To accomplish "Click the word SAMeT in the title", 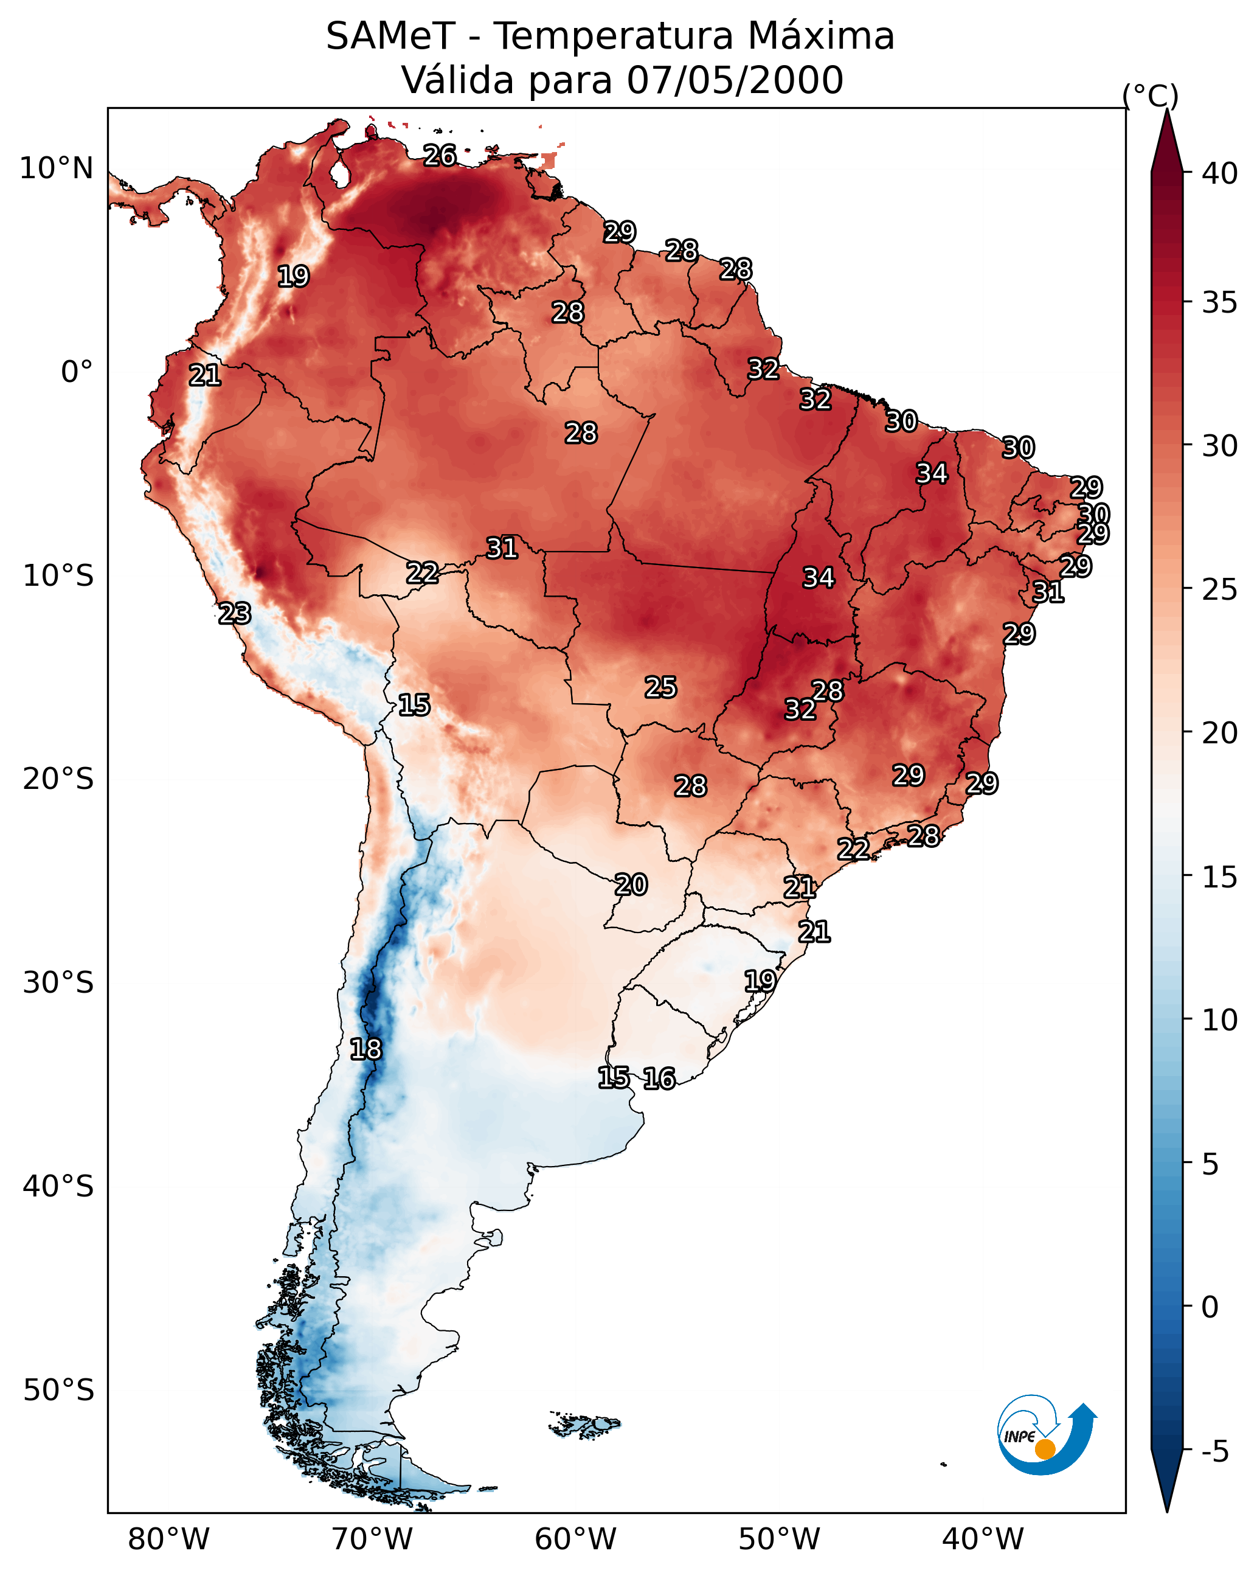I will pos(390,36).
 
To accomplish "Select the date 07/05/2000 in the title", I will pos(734,80).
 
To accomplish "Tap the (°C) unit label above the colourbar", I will pos(1150,95).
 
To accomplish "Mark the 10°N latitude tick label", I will pos(56,168).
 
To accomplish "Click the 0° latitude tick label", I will pos(77,372).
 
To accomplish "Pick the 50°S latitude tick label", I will pos(58,1391).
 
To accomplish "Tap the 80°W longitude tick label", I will pos(168,1540).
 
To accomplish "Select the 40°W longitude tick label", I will pos(983,1540).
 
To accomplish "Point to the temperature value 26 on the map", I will pos(440,155).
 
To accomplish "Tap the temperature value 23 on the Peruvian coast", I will pos(235,614).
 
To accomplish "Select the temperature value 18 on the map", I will pos(365,1049).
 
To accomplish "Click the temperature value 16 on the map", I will pos(659,1078).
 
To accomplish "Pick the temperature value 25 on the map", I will pos(660,687).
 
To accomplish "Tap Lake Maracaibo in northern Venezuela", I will pos(339,173).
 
